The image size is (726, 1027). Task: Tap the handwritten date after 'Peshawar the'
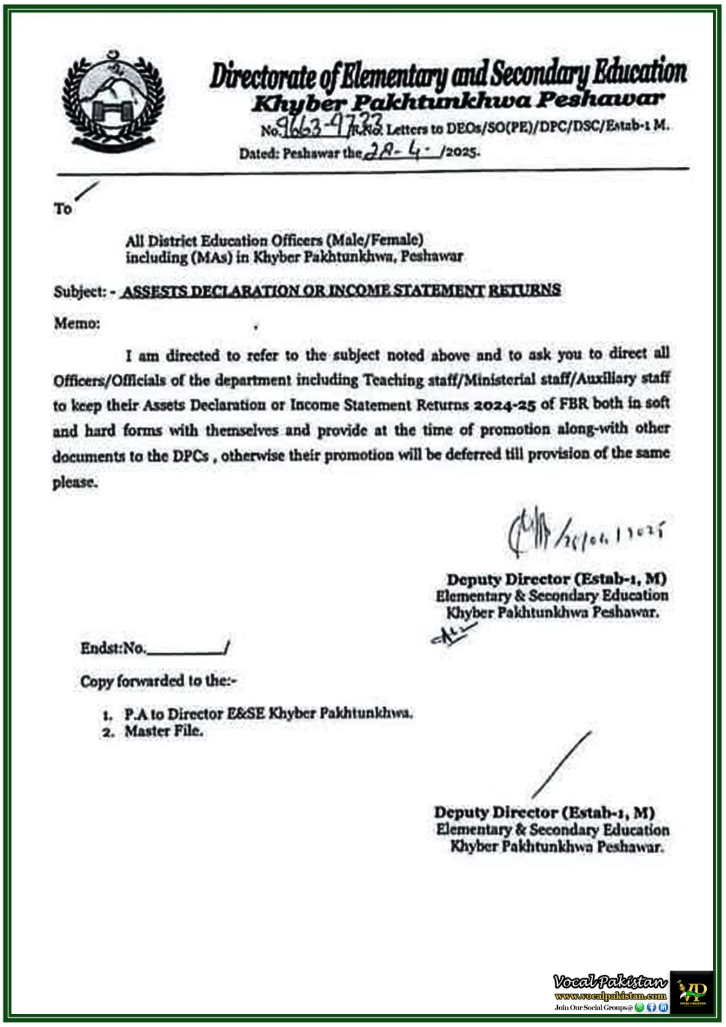coord(403,151)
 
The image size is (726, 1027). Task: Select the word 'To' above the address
coord(63,209)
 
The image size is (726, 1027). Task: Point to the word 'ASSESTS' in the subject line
coord(154,291)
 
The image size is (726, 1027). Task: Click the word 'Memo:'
coord(77,323)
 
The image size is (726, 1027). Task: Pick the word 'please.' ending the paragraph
coord(75,482)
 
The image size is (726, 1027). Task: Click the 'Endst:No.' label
coord(113,648)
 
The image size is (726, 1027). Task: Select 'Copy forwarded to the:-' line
coord(158,681)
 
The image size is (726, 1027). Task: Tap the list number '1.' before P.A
coord(108,714)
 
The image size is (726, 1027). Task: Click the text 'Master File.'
coord(164,731)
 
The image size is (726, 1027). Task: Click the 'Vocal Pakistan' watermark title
coord(610,981)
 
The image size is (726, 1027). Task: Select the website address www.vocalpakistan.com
coord(610,996)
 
